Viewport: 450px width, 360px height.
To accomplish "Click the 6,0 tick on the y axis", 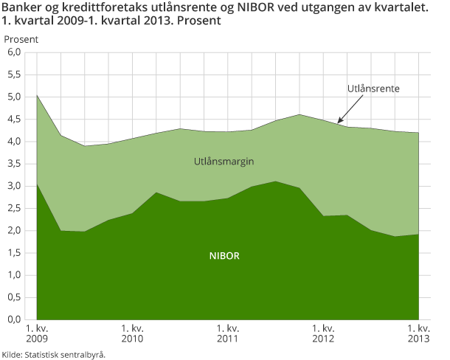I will [x=15, y=52].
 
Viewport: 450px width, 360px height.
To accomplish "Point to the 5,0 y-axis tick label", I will [x=15, y=97].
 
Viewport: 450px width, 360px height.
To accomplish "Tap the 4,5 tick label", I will [x=15, y=119].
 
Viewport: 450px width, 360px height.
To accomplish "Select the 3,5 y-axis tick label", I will [x=15, y=164].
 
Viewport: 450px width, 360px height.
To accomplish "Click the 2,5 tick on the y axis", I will [x=15, y=208].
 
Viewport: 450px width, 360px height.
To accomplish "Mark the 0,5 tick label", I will [x=15, y=297].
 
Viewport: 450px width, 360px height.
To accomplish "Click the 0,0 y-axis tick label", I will [x=15, y=320].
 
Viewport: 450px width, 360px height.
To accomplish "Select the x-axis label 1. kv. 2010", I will [x=132, y=333].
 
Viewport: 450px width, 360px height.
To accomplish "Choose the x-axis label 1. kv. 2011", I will [x=227, y=333].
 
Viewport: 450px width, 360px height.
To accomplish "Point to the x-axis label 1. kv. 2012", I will [x=323, y=333].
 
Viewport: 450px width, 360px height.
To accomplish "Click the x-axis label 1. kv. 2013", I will [x=418, y=333].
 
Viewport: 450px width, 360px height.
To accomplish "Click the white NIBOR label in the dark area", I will [x=224, y=257].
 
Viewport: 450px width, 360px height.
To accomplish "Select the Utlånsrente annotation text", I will [x=373, y=89].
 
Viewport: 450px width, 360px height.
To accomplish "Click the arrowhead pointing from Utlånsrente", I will [x=339, y=121].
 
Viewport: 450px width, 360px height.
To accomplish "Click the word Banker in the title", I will [x=22, y=8].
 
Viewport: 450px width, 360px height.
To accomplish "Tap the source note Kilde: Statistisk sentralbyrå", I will [x=54, y=354].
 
